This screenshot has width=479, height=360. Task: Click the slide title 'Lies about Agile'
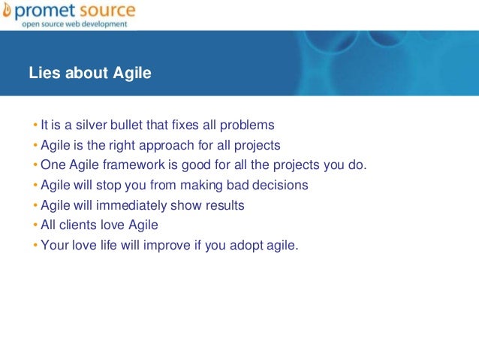click(90, 74)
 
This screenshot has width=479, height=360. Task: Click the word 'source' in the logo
click(104, 11)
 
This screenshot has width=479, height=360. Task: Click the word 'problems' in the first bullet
click(250, 125)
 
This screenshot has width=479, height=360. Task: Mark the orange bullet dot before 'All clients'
click(35, 225)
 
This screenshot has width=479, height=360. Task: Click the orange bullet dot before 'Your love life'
click(35, 244)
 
